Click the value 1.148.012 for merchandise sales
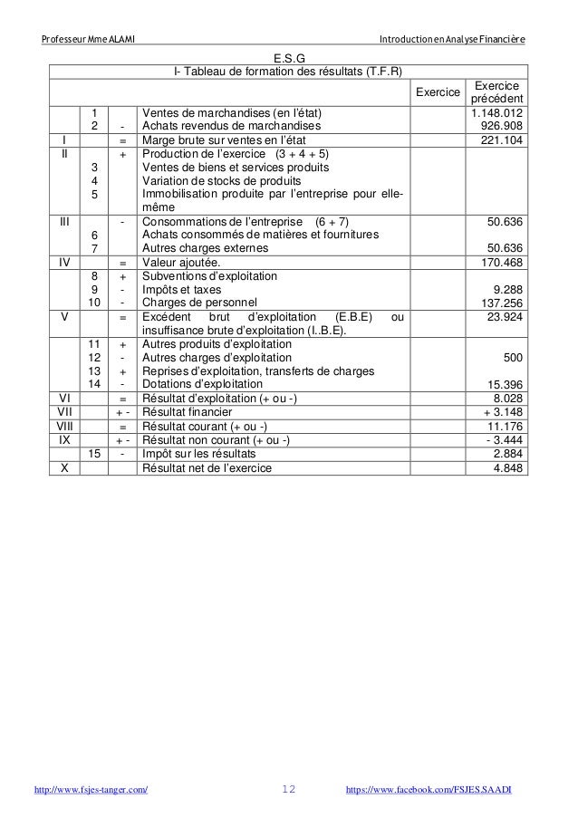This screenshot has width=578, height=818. click(496, 113)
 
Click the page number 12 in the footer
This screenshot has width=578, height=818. click(289, 791)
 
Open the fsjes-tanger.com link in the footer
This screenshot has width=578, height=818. click(91, 791)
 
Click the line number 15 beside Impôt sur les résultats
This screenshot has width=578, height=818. click(94, 454)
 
